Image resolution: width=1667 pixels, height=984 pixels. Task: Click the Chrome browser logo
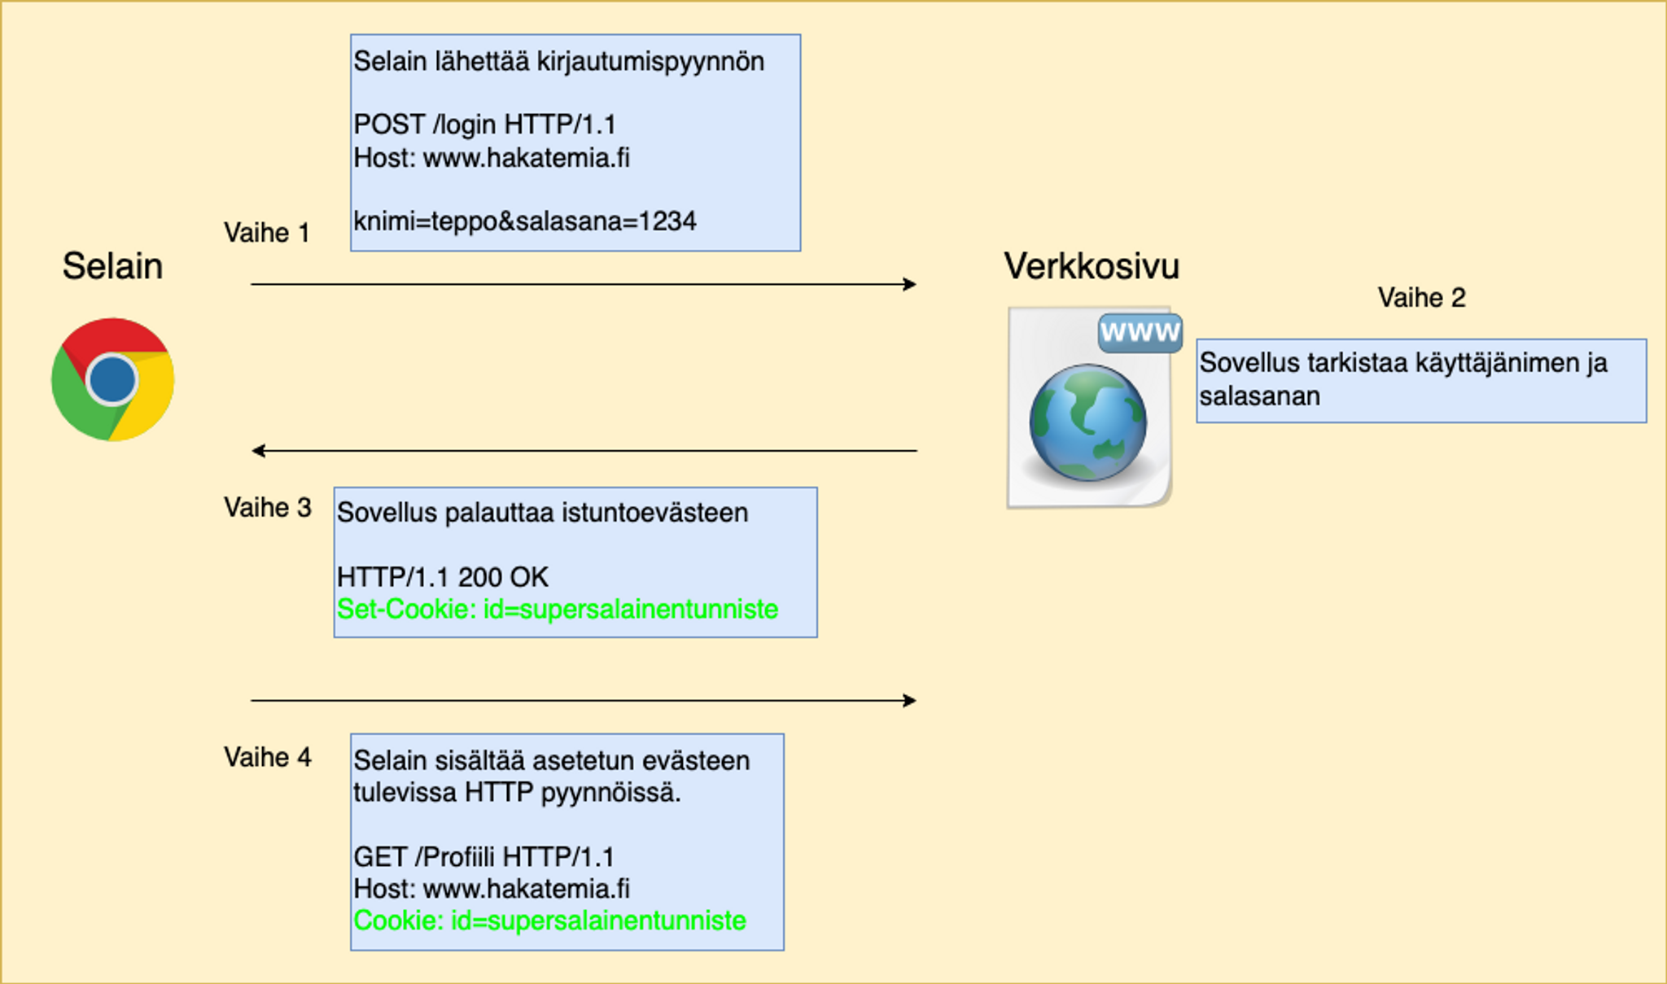click(112, 379)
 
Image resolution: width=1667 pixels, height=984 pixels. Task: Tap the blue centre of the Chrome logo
click(112, 379)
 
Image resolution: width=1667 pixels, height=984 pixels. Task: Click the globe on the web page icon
click(1087, 422)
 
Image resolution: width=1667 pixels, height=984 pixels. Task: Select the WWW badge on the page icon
click(1140, 332)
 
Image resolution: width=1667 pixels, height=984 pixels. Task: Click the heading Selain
click(112, 266)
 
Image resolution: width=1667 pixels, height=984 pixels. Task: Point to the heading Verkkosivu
click(1092, 266)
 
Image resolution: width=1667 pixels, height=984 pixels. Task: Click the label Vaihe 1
click(267, 233)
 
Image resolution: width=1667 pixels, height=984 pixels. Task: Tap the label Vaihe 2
click(1421, 298)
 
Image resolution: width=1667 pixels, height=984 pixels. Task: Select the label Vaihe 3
click(267, 508)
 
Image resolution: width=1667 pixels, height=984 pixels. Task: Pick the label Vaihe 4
click(267, 758)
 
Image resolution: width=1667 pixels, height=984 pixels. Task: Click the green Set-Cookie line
click(558, 609)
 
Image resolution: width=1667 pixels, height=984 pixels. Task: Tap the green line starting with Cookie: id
click(549, 921)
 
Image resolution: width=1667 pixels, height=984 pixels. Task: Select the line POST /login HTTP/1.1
click(484, 125)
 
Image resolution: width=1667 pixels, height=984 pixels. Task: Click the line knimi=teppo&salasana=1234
click(525, 221)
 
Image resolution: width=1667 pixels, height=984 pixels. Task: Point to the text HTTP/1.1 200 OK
click(442, 577)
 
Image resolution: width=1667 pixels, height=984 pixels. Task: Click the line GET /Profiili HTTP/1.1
click(483, 857)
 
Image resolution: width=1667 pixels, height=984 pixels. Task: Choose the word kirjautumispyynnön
click(650, 62)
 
